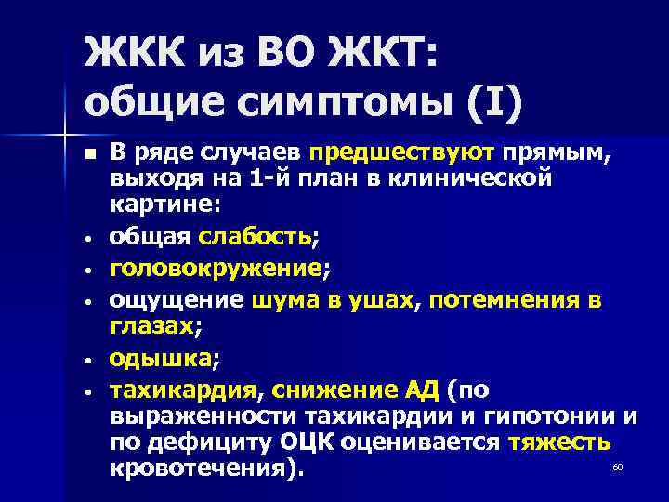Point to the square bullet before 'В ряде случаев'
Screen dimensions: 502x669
pyautogui.click(x=88, y=152)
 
